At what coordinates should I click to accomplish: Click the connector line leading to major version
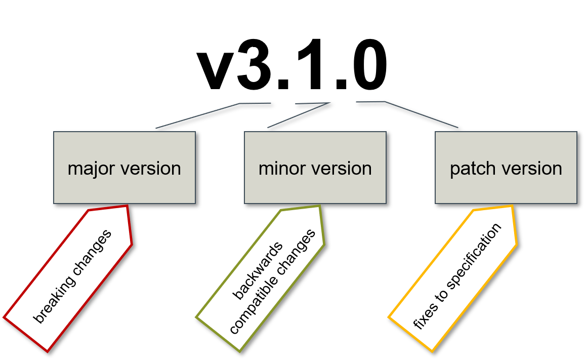(x=197, y=116)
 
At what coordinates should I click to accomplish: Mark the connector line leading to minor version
(x=299, y=115)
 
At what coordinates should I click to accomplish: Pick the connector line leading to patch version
(x=421, y=114)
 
